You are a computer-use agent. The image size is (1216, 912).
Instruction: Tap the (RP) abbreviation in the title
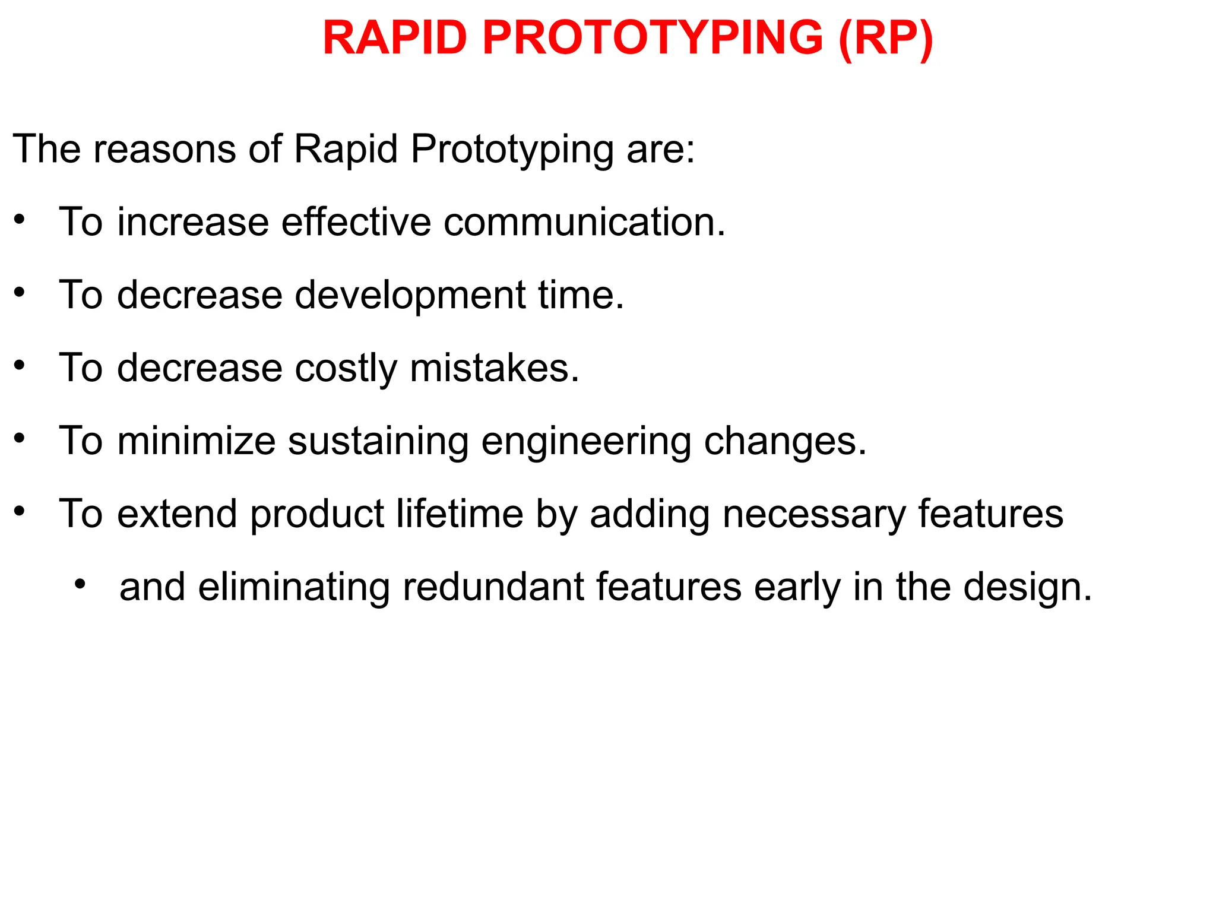click(885, 39)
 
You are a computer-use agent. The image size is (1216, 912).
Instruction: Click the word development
click(410, 296)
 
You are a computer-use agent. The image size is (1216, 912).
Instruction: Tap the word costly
click(346, 369)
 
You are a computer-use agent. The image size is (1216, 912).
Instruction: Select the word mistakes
click(494, 368)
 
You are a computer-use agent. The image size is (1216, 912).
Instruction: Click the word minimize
click(197, 441)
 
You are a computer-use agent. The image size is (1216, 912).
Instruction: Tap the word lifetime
click(460, 514)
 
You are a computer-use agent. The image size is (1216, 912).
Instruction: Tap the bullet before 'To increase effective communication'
click(20, 220)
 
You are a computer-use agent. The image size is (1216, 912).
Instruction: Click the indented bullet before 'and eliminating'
click(80, 584)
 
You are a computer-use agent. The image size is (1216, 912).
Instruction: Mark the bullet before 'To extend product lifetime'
click(20, 511)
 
